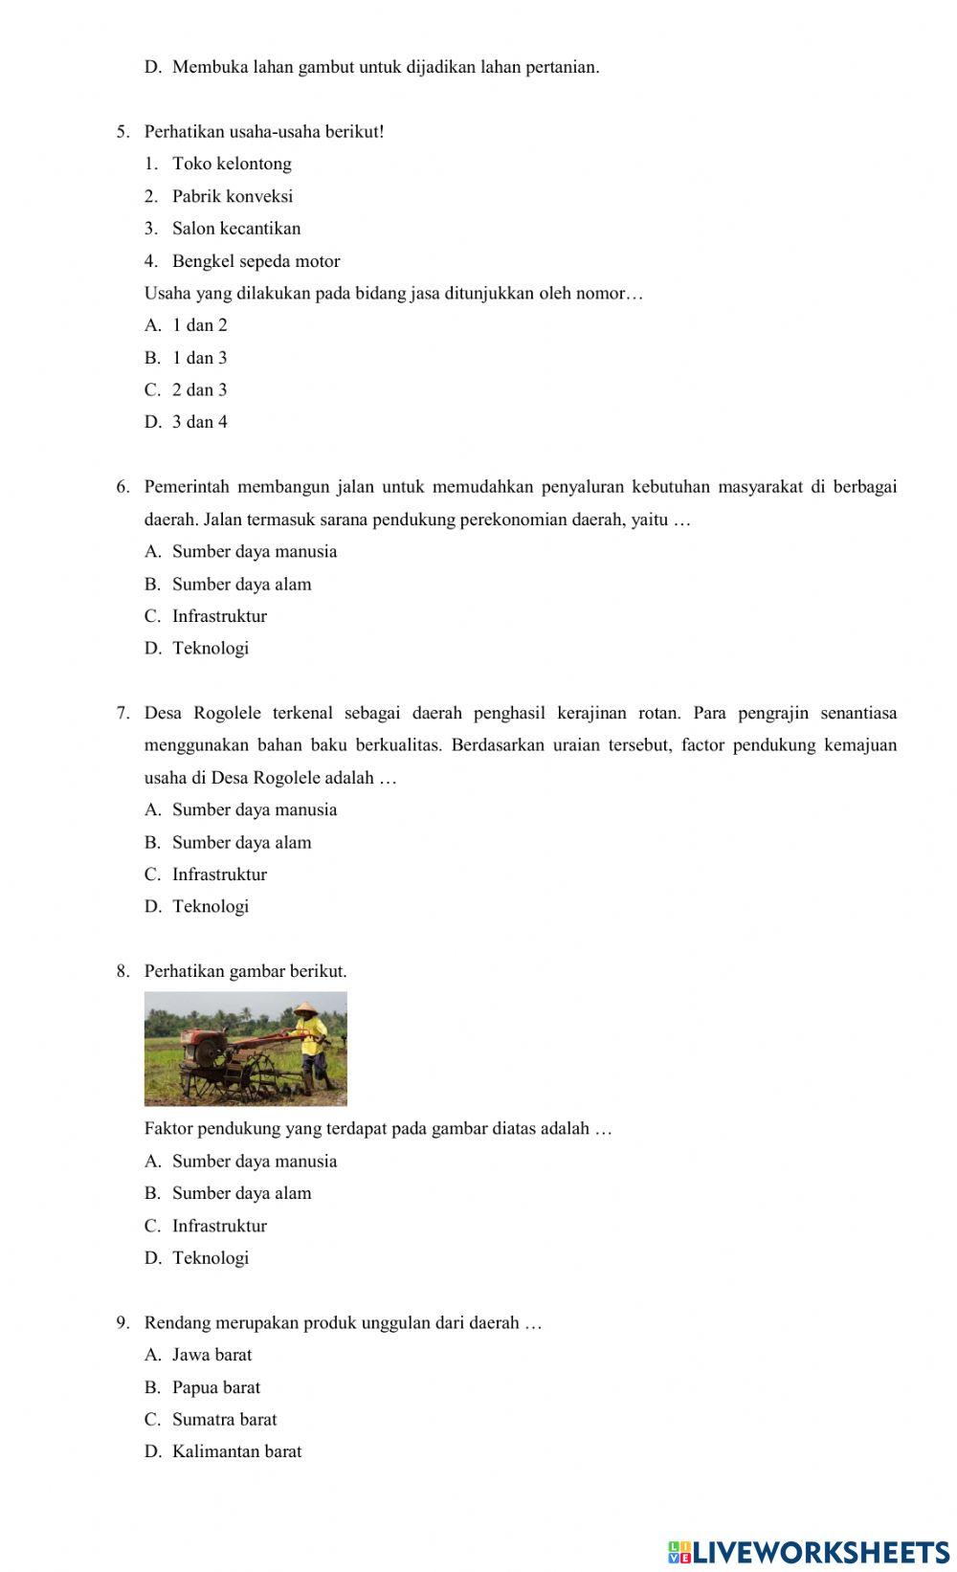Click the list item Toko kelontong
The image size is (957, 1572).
pyautogui.click(x=232, y=164)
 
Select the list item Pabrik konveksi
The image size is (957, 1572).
pyautogui.click(x=233, y=196)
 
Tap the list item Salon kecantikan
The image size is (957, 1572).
pyautogui.click(x=236, y=229)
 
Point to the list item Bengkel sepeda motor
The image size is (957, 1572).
pyautogui.click(x=256, y=261)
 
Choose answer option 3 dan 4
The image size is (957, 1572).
pyautogui.click(x=200, y=422)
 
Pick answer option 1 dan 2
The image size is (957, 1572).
pyautogui.click(x=200, y=325)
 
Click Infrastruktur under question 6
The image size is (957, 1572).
pyautogui.click(x=219, y=616)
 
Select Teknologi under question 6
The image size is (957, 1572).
pyautogui.click(x=211, y=649)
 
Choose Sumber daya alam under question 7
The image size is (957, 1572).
pyautogui.click(x=241, y=843)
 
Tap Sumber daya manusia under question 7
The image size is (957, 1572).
pyautogui.click(x=255, y=810)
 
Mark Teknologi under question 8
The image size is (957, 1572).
pyautogui.click(x=211, y=1258)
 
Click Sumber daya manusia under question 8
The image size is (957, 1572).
pyautogui.click(x=255, y=1162)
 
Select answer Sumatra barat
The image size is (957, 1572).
pyautogui.click(x=224, y=1420)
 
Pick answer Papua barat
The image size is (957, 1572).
pyautogui.click(x=216, y=1387)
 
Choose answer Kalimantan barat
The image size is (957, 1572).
pyautogui.click(x=236, y=1451)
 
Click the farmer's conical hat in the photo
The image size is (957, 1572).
pyautogui.click(x=306, y=1008)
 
